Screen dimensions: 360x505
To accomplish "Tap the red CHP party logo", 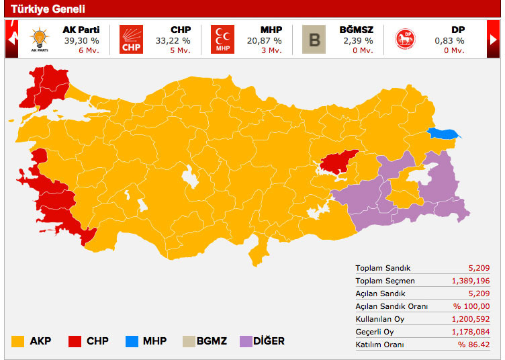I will [131, 40].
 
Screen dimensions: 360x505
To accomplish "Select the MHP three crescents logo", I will [222, 40].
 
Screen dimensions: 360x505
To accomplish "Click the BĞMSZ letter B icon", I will [314, 40].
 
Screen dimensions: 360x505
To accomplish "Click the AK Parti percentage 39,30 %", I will [80, 40].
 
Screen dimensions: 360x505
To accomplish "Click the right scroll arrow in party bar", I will [494, 40].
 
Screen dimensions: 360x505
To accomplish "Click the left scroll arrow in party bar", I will [11, 40].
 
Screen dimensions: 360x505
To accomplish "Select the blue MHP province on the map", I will [443, 134].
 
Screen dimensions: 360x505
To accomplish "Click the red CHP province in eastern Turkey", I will [338, 161].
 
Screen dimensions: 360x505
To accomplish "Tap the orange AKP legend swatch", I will [18, 341].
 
